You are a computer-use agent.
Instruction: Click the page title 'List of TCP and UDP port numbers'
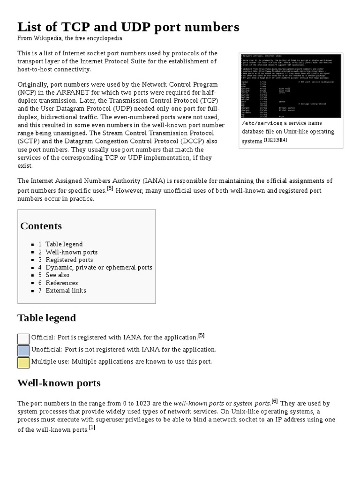click(x=128, y=27)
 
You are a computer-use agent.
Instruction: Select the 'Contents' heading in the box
click(x=41, y=226)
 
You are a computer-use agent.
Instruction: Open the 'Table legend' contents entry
click(x=64, y=244)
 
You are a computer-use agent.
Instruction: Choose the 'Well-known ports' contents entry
click(x=71, y=252)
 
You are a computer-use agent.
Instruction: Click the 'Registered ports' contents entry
click(x=69, y=260)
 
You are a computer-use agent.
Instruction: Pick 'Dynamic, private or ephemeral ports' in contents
click(x=98, y=267)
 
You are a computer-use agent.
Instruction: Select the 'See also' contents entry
click(x=57, y=275)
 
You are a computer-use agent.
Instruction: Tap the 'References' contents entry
click(x=61, y=283)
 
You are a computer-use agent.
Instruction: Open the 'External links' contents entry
click(x=66, y=291)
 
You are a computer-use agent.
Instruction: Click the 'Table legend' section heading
click(x=46, y=318)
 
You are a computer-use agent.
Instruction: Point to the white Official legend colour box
click(x=23, y=339)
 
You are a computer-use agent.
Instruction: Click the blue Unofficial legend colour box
click(x=23, y=351)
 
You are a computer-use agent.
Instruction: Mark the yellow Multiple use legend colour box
click(x=23, y=363)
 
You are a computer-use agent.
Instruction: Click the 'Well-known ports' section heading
click(x=59, y=383)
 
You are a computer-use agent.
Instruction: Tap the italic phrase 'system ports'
click(x=251, y=404)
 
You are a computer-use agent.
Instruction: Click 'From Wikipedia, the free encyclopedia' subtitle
click(x=69, y=38)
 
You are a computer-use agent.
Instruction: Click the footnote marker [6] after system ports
click(x=274, y=401)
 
